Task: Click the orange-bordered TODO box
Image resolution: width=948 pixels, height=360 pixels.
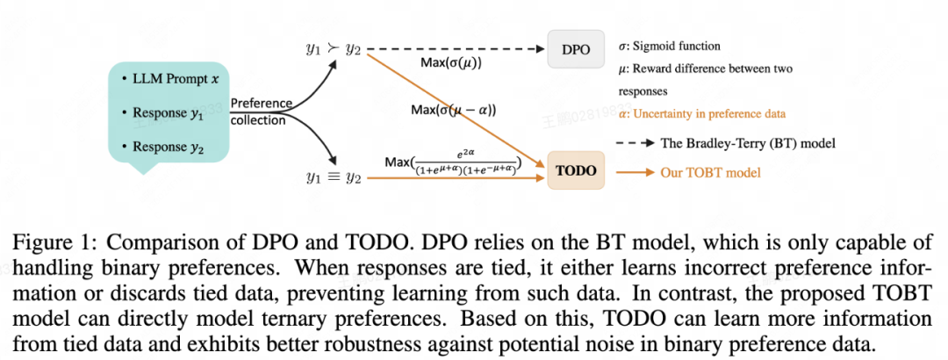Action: (576, 171)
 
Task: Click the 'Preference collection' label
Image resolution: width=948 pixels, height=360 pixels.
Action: (261, 112)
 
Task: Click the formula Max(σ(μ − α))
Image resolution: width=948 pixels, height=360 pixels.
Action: (453, 111)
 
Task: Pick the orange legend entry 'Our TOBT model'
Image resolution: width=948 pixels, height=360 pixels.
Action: (710, 172)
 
